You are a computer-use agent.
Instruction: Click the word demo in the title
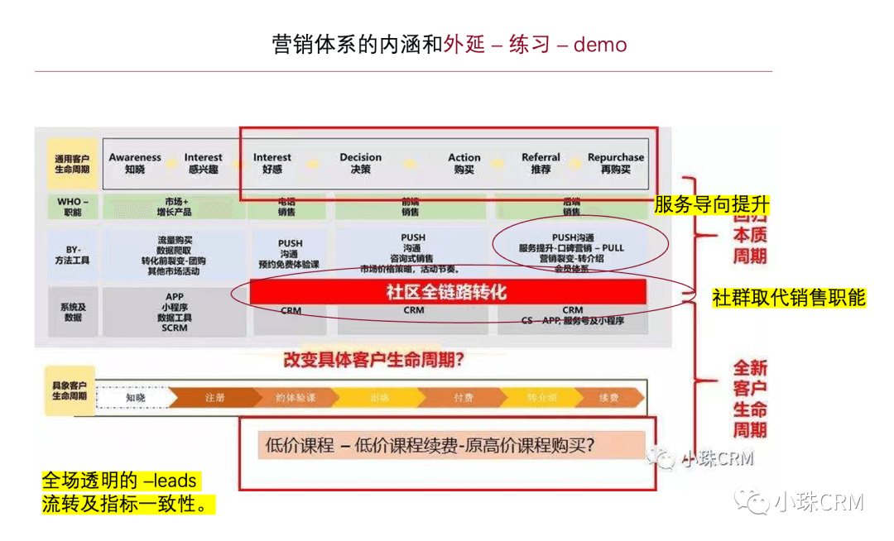pyautogui.click(x=600, y=44)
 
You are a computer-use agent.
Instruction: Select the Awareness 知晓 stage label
pyautogui.click(x=135, y=163)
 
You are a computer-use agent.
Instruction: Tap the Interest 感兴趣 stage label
pyautogui.click(x=203, y=163)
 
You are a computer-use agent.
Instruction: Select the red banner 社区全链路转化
pyautogui.click(x=447, y=292)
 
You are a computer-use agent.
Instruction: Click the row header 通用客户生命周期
pyautogui.click(x=72, y=163)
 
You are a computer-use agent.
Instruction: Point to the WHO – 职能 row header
pyautogui.click(x=72, y=207)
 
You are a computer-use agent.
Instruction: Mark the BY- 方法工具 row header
pyautogui.click(x=72, y=254)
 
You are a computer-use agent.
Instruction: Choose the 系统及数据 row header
pyautogui.click(x=72, y=312)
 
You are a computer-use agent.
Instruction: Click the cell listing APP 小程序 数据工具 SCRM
pyautogui.click(x=175, y=312)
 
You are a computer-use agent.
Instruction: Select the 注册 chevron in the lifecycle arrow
pyautogui.click(x=214, y=398)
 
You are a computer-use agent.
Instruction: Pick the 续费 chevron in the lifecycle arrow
pyautogui.click(x=608, y=398)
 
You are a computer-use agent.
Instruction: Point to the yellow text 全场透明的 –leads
pyautogui.click(x=120, y=481)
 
